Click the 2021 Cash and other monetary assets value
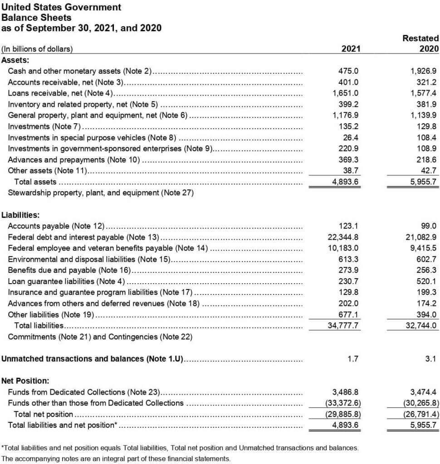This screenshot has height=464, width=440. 348,71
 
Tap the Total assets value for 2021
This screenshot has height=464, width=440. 346,182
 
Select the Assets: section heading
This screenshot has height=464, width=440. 15,60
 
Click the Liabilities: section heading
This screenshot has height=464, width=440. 20,215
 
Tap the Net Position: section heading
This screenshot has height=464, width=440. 25,381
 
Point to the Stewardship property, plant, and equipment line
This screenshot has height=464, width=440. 101,193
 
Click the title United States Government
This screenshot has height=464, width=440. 62,7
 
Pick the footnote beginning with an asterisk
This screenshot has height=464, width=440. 180,448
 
